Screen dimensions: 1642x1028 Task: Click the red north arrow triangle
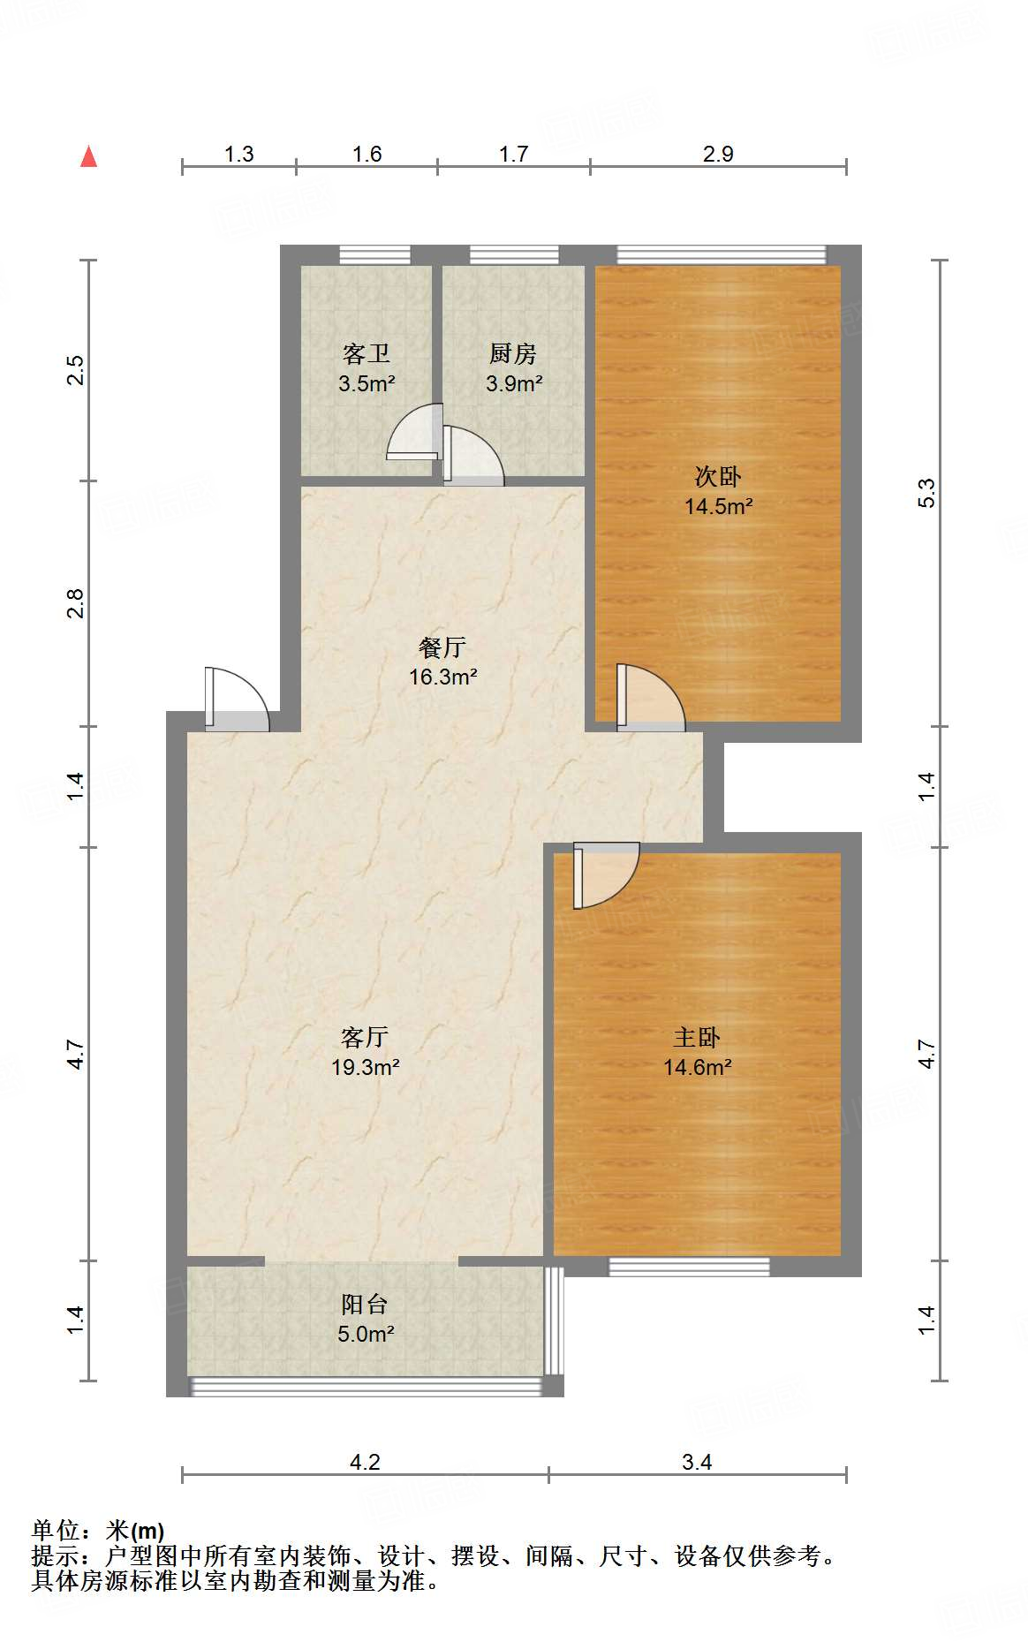(88, 156)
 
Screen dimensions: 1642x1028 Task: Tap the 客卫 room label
(366, 354)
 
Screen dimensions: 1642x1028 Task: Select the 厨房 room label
(513, 354)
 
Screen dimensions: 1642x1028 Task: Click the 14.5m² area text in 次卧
(718, 507)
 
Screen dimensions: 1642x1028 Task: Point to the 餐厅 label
(442, 647)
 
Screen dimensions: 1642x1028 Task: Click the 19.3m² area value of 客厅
(366, 1068)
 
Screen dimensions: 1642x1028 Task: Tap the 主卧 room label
(697, 1038)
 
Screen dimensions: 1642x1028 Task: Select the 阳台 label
(365, 1305)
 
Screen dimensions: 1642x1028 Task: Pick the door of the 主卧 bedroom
(604, 874)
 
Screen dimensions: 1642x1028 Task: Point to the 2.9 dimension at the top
(718, 155)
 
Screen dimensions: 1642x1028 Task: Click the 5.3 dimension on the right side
(926, 492)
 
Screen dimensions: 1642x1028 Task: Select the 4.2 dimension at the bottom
(365, 1463)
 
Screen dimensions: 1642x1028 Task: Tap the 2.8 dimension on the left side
(76, 602)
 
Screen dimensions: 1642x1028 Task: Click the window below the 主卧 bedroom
(689, 1267)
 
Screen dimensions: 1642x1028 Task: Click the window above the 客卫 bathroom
(374, 254)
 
